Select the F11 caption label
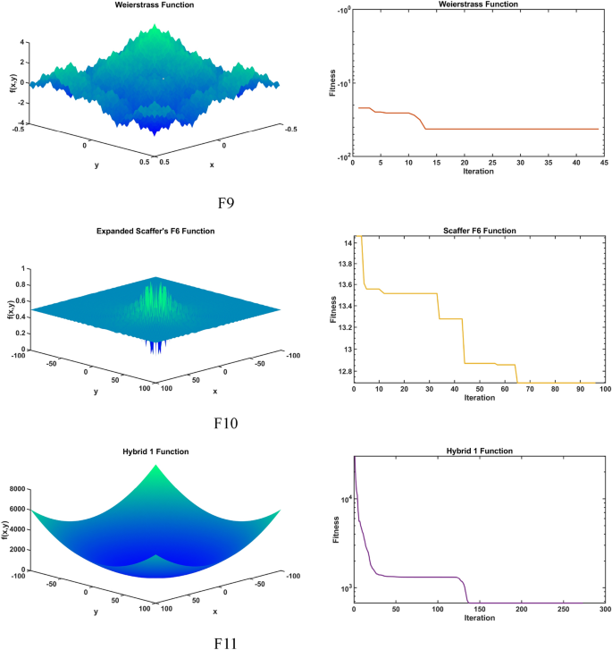pyautogui.click(x=230, y=640)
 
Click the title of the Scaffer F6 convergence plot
pyautogui.click(x=479, y=231)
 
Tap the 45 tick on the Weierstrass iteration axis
pyautogui.click(x=604, y=164)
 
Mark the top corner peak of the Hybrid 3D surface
pyautogui.click(x=158, y=465)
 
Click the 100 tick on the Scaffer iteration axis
pyautogui.click(x=604, y=389)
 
